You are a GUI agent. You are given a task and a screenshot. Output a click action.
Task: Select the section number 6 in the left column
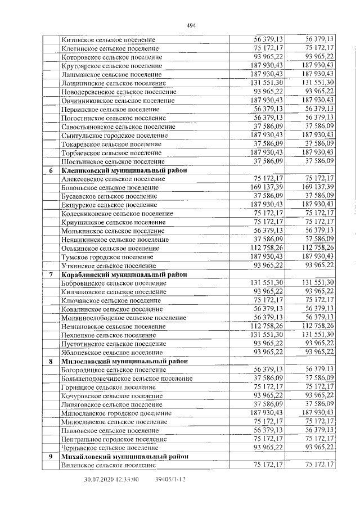(x=51, y=170)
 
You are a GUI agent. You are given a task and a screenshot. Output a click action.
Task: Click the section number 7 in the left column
(x=51, y=274)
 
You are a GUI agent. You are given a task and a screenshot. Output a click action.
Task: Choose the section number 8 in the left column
(x=51, y=361)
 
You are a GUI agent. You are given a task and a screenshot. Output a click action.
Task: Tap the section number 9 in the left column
(x=51, y=456)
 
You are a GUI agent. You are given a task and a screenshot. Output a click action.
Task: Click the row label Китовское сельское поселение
(x=108, y=40)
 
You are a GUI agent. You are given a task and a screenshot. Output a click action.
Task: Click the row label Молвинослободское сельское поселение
(x=124, y=317)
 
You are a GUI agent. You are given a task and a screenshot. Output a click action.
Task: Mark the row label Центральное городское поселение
(x=114, y=439)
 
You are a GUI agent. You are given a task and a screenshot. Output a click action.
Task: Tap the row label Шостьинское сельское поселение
(x=111, y=161)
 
